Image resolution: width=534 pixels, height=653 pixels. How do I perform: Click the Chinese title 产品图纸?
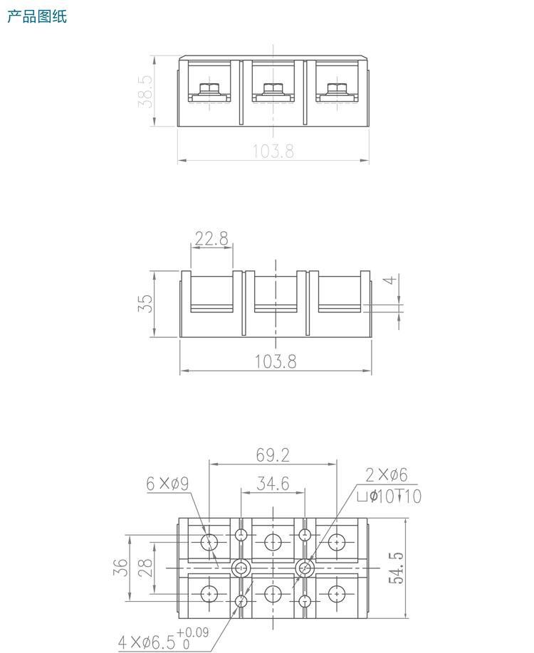37,16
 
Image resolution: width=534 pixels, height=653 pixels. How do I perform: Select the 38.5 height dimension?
146,91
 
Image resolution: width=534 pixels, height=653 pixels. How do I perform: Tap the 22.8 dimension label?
211,238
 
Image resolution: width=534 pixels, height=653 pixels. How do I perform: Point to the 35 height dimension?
145,304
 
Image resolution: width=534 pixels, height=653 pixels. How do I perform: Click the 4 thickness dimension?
389,280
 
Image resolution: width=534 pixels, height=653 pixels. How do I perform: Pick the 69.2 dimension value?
273,454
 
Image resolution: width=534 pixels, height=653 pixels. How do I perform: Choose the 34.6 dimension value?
273,484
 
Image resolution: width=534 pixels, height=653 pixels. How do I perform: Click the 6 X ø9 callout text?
167,484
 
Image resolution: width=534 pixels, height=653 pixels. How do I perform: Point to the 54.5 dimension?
396,567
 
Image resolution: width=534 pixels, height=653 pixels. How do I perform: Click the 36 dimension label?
122,567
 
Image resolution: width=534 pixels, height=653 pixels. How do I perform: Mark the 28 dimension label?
145,567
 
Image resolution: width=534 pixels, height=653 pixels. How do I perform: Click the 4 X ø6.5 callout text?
146,642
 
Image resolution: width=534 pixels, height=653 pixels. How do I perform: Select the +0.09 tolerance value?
193,632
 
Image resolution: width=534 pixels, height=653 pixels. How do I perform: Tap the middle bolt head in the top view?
273,89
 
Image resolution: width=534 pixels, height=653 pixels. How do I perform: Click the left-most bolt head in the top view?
209,89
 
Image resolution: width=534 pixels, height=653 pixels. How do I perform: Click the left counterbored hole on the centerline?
241,568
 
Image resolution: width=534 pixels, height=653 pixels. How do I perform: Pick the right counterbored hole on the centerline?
305,568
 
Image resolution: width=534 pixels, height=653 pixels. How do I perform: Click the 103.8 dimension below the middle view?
276,361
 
